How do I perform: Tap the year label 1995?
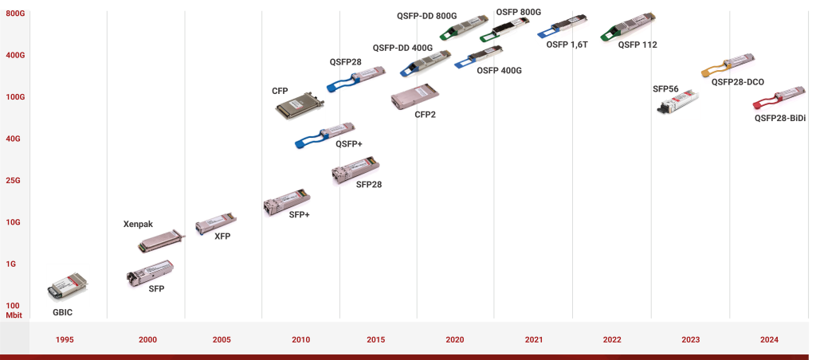65,340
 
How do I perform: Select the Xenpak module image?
161,241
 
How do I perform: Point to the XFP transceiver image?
214,222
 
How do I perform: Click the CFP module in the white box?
300,106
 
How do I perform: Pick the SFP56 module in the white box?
679,104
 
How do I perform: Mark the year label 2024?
769,340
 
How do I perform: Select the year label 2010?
300,340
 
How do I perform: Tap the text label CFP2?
426,115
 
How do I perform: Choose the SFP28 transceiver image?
355,170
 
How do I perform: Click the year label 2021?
534,340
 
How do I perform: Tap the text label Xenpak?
137,225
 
